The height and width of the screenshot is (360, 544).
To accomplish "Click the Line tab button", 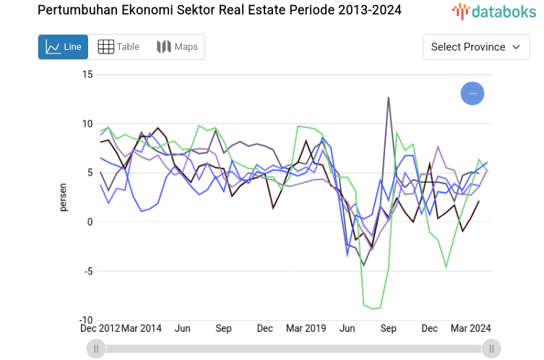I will (x=63, y=47).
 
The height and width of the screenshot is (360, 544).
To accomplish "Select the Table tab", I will (x=118, y=47).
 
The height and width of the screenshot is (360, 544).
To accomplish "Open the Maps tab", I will (x=177, y=47).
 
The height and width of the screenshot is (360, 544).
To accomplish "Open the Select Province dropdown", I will (x=475, y=47).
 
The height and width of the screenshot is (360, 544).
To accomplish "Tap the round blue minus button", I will (x=472, y=93).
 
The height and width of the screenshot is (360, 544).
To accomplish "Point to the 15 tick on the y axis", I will (x=87, y=74).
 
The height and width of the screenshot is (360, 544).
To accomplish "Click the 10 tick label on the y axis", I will (x=87, y=124).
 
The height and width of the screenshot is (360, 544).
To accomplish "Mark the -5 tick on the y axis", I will (x=87, y=271).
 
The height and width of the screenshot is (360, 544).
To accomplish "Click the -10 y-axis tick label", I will (x=86, y=320).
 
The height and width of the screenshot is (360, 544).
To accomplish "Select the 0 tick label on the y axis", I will (x=90, y=222).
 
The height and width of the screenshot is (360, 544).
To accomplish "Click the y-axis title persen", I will (x=63, y=197).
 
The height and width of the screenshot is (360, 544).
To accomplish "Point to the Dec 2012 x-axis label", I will (x=100, y=328).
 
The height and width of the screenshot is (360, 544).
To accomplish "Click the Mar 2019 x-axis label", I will (x=306, y=328).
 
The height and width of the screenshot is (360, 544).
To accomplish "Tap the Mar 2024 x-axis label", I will (x=470, y=328).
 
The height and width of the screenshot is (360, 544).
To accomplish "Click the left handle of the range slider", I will (x=95, y=349).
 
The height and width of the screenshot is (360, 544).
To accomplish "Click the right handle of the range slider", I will (x=491, y=349).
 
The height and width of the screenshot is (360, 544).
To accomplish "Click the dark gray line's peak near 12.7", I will (x=389, y=97).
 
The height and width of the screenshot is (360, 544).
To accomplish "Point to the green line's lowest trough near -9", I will (x=374, y=309).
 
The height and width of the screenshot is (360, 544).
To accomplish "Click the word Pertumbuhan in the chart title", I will (x=78, y=10).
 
